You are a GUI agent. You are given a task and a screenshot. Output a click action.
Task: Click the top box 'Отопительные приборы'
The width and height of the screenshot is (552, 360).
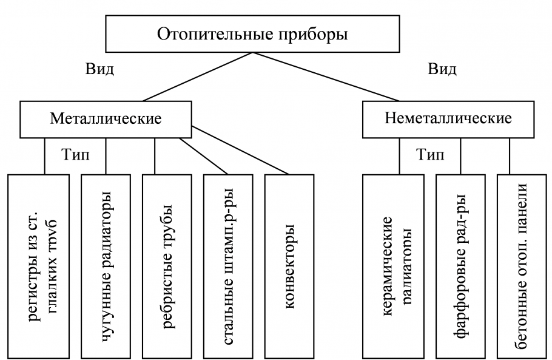[x=253, y=35]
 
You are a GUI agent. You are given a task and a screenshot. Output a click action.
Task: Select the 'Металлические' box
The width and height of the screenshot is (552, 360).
[x=105, y=118]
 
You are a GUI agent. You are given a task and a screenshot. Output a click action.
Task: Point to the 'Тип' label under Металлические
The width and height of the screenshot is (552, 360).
[x=75, y=155]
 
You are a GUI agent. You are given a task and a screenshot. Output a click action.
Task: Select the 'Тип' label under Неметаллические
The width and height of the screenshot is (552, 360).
[x=430, y=155]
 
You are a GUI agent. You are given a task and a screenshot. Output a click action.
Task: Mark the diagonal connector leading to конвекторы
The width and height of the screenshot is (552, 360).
[x=243, y=151]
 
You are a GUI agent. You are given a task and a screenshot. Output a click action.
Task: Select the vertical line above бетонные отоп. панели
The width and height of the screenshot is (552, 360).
[x=510, y=155]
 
